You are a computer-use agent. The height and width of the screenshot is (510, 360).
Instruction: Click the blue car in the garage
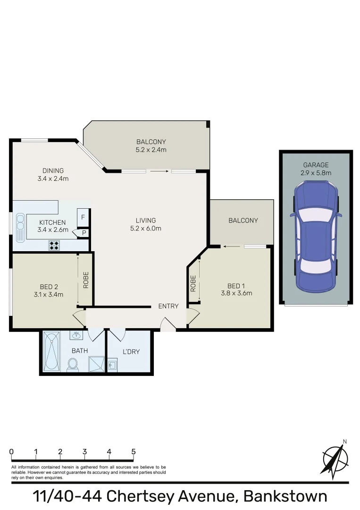tap(316, 238)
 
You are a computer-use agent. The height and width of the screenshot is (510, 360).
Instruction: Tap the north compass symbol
tap(335, 458)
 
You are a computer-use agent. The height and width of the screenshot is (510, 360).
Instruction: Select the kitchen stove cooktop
tap(54, 245)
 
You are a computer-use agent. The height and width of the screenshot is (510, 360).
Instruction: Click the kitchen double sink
tap(20, 227)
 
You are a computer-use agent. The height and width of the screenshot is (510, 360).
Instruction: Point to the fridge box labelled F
tap(84, 217)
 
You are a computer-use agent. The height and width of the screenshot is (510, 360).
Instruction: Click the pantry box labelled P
tap(84, 233)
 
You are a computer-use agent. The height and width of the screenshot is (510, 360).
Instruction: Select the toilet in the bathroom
tap(73, 364)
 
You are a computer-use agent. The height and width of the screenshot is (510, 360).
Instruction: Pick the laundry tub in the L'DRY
tap(113, 365)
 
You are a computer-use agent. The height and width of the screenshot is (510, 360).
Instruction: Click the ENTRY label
tap(168, 306)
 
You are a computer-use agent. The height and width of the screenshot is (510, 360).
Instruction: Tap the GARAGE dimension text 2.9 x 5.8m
tap(316, 173)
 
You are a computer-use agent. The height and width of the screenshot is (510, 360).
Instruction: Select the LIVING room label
tap(146, 221)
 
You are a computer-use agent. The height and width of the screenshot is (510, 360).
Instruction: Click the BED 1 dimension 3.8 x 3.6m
tap(236, 293)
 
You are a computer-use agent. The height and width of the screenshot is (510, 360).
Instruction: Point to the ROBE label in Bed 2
tap(86, 280)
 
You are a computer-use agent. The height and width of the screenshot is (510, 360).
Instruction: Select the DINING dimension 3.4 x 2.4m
tap(53, 178)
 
